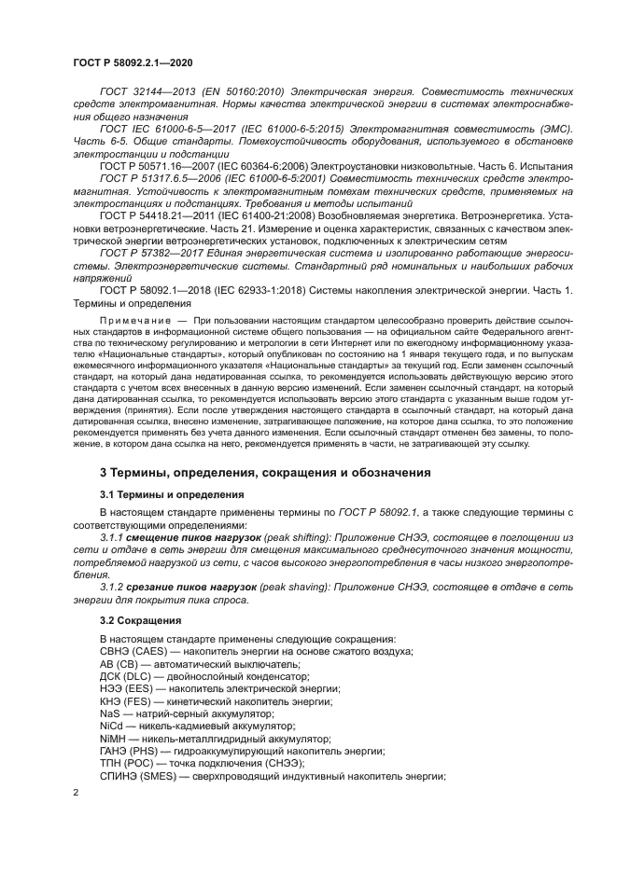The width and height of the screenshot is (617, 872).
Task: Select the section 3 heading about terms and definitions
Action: (265, 473)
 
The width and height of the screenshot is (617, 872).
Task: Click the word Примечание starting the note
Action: (132, 320)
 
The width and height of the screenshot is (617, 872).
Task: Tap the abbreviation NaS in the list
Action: (109, 713)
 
